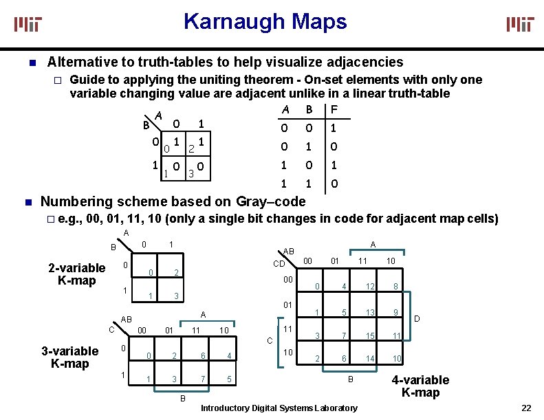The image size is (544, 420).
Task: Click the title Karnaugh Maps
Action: (x=265, y=22)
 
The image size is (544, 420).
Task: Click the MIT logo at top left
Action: (x=29, y=24)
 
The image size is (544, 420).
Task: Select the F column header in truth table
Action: (x=334, y=110)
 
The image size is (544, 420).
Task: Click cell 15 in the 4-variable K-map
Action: (x=371, y=335)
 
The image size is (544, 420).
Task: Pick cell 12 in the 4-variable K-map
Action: (x=371, y=286)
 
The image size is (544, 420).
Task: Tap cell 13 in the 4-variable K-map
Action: (x=371, y=312)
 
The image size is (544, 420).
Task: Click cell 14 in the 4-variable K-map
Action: (x=371, y=359)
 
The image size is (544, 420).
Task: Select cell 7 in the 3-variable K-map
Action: (x=203, y=379)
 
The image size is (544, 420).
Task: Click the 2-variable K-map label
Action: (x=77, y=274)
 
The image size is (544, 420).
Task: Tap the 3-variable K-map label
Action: (x=70, y=357)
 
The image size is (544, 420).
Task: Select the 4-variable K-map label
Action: (x=420, y=386)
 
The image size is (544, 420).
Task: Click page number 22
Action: (x=526, y=408)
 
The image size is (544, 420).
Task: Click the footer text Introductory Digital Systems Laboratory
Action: (x=279, y=408)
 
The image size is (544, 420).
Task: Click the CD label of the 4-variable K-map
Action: (x=279, y=263)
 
